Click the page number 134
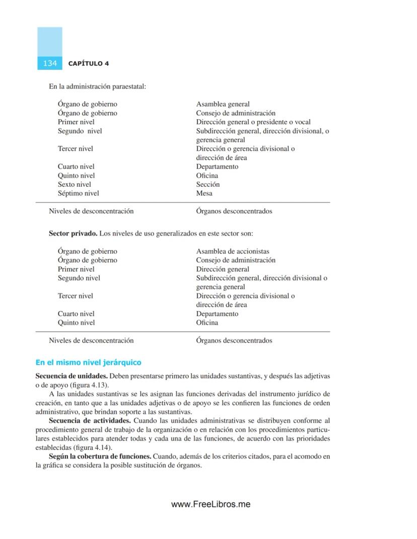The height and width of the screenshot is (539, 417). [50, 63]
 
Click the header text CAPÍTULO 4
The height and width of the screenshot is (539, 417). [89, 64]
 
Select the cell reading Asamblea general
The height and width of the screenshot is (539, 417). [223, 104]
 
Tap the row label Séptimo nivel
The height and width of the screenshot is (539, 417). [78, 193]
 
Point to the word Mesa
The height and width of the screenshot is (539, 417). [204, 193]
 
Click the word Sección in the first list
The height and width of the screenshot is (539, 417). [207, 184]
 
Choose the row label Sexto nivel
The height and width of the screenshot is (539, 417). [74, 184]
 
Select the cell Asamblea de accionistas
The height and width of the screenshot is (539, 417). [232, 251]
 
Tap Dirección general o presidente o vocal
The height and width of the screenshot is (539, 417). [253, 122]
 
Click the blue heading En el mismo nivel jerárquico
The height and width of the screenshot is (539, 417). [88, 362]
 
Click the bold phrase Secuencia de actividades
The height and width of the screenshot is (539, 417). [90, 420]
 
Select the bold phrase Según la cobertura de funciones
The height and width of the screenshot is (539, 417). [100, 456]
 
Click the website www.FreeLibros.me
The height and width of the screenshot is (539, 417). [211, 504]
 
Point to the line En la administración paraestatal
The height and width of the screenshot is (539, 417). [97, 87]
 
